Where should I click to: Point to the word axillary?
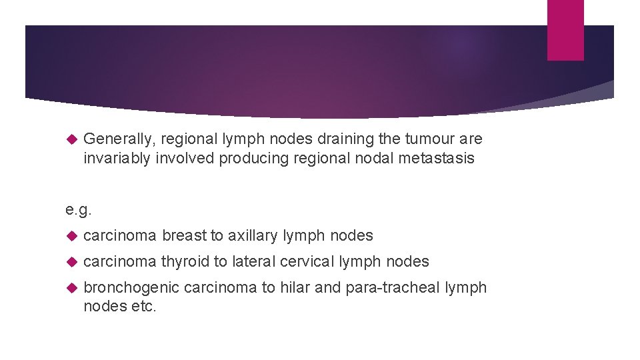click(x=253, y=235)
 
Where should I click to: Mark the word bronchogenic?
click(x=131, y=288)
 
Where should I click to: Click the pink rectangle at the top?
click(x=565, y=30)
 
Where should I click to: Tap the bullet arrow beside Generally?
click(x=73, y=140)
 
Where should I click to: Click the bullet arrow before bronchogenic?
click(x=73, y=288)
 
